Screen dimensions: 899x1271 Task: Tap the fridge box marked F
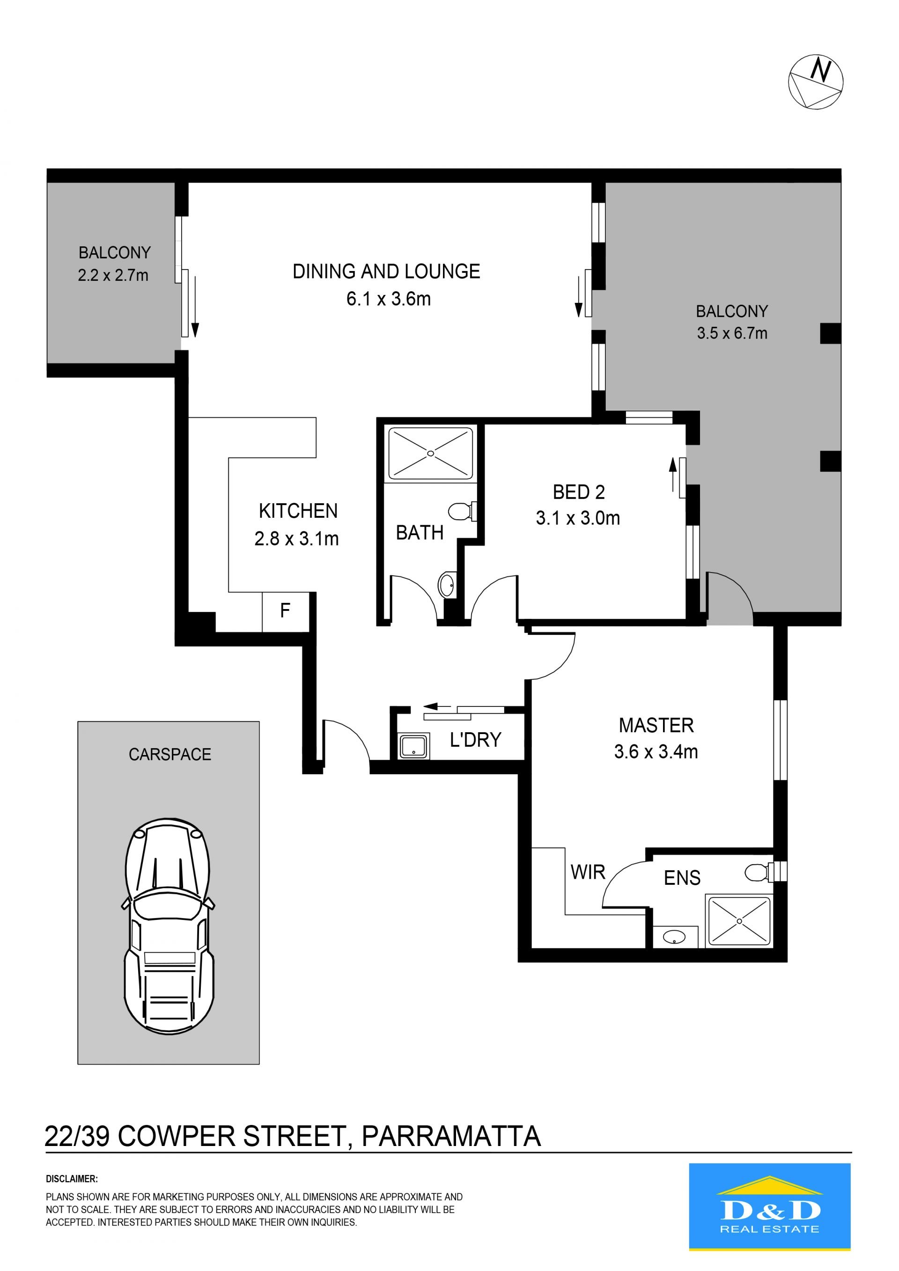click(x=285, y=612)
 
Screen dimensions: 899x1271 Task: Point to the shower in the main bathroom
click(x=431, y=453)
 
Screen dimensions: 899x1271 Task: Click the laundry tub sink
click(x=413, y=746)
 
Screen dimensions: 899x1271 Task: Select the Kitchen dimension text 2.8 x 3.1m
click(x=296, y=539)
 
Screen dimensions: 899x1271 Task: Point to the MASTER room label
click(x=656, y=725)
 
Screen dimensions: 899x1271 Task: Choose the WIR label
click(x=588, y=873)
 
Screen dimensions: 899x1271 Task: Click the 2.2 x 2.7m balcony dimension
click(x=113, y=275)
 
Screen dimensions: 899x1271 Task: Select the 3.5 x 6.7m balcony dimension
click(x=732, y=333)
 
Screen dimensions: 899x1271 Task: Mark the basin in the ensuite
click(x=674, y=938)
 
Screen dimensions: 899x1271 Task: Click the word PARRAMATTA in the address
click(x=451, y=1137)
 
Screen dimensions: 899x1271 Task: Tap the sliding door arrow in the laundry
click(x=438, y=706)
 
